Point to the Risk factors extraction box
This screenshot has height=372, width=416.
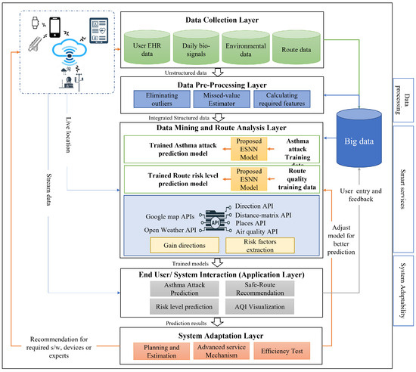point(256,244)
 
